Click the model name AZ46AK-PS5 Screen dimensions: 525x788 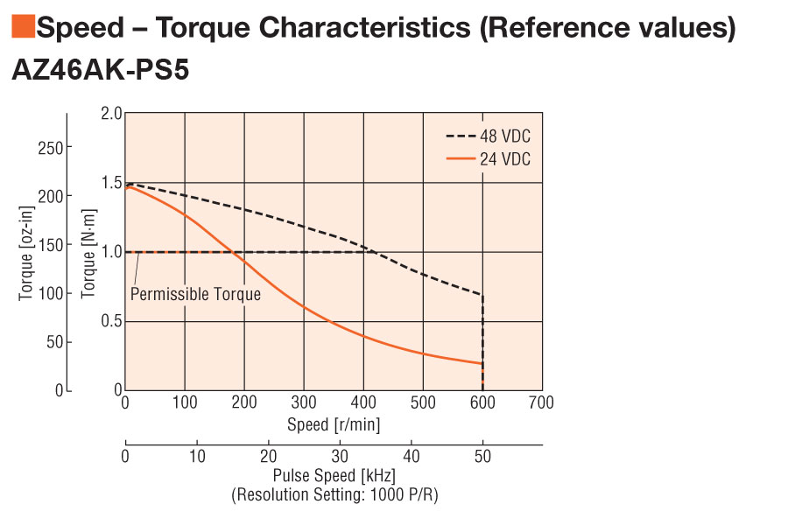tap(101, 70)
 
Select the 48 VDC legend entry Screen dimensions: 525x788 tap(505, 136)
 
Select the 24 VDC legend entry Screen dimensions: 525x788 tap(505, 159)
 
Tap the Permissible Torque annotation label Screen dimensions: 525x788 tap(195, 294)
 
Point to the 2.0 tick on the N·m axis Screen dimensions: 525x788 tap(110, 113)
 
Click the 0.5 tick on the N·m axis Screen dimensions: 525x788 tap(110, 321)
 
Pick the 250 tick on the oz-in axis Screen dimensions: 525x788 tap(50, 147)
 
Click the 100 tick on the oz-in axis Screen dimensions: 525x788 tap(50, 293)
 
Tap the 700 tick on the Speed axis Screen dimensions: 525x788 tap(542, 403)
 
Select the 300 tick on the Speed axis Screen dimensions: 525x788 tap(303, 403)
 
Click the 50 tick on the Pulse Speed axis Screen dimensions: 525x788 tap(482, 457)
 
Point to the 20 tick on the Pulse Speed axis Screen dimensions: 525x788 tap(269, 457)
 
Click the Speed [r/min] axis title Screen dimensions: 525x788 tap(334, 424)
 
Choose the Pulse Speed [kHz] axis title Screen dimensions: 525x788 tap(334, 477)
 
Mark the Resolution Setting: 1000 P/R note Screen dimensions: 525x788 tap(334, 495)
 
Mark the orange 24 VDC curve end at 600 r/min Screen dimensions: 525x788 tap(482, 363)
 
